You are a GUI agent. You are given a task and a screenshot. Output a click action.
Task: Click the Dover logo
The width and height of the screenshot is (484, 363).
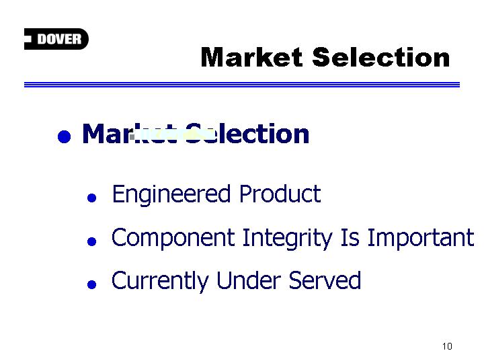[x=56, y=39]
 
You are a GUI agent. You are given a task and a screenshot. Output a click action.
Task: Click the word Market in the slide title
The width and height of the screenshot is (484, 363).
[x=251, y=57]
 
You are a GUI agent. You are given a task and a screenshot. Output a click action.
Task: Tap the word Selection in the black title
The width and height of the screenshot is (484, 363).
[x=381, y=57]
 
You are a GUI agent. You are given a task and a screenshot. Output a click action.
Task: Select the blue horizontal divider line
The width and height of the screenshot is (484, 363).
[x=242, y=85]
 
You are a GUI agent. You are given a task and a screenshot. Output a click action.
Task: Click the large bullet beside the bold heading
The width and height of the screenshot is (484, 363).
[x=65, y=136]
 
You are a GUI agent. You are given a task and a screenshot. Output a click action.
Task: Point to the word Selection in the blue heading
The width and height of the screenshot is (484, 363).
[x=247, y=134]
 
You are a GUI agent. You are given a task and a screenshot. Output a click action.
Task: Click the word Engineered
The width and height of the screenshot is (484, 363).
[x=171, y=194]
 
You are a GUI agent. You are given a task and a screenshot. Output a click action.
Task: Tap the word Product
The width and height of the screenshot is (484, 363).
[x=280, y=194]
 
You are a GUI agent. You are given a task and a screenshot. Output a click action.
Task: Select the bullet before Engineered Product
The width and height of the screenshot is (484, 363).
[x=91, y=198]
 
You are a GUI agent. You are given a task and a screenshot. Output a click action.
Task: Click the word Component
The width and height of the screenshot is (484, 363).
[x=173, y=238]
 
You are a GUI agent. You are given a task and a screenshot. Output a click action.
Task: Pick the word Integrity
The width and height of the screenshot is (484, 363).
[x=288, y=238]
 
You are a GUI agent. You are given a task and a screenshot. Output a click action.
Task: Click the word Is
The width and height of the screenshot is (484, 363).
[x=350, y=237]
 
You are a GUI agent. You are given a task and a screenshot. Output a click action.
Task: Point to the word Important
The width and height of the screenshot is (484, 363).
[x=421, y=238]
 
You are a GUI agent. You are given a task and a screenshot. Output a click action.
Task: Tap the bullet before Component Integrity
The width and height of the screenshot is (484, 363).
[x=91, y=241]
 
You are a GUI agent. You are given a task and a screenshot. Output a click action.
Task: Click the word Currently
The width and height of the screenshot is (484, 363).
[x=160, y=281]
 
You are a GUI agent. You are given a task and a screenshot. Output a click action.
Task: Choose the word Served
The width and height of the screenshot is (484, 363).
[x=325, y=280]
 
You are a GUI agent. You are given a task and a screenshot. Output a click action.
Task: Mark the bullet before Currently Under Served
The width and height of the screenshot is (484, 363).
[x=91, y=284]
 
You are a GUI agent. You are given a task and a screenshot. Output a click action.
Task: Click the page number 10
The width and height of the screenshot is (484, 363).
[x=447, y=346]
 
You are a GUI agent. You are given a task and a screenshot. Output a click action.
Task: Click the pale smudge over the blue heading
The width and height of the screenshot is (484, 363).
[x=171, y=134]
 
